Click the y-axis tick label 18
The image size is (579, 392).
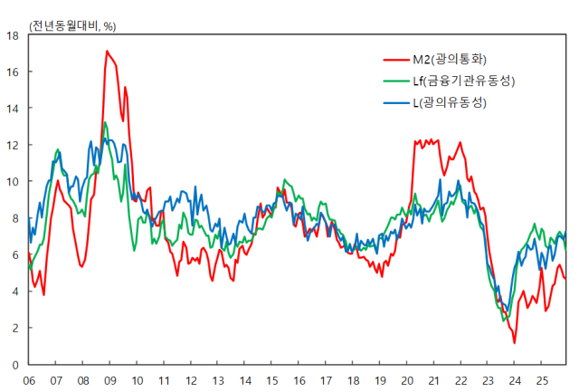pyautogui.click(x=13, y=35)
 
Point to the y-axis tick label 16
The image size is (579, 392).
pyautogui.click(x=13, y=72)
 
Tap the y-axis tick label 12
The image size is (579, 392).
pyautogui.click(x=13, y=145)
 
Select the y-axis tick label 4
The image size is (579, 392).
pyautogui.click(x=15, y=292)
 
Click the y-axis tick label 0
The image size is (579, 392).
pyautogui.click(x=15, y=365)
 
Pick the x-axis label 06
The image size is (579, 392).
pyautogui.click(x=29, y=382)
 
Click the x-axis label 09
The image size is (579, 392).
pyautogui.click(x=109, y=382)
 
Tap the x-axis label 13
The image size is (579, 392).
pyautogui.click(x=218, y=382)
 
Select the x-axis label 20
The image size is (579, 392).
pyautogui.click(x=407, y=382)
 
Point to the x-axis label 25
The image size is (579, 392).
pyautogui.click(x=542, y=382)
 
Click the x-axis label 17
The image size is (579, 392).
pyautogui.click(x=326, y=382)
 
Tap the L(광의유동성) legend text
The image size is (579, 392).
pyautogui.click(x=451, y=103)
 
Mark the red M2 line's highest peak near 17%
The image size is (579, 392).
pyautogui.click(x=107, y=51)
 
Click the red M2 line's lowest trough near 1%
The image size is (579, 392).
pyautogui.click(x=515, y=343)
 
